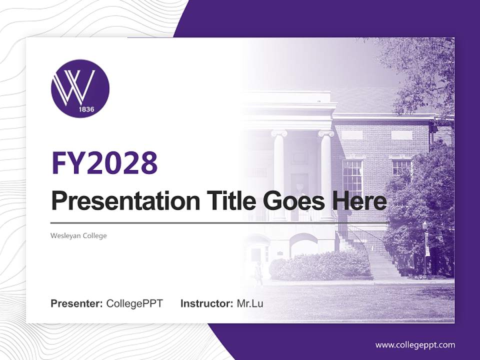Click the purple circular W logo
(80, 88)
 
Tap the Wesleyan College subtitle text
(78, 235)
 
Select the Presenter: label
(77, 303)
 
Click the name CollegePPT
(134, 303)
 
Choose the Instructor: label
(207, 303)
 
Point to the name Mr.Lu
(250, 303)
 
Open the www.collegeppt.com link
(415, 345)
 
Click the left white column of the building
(279, 175)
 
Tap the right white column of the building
(326, 175)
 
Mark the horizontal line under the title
(220, 222)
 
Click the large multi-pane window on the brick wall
(352, 177)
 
